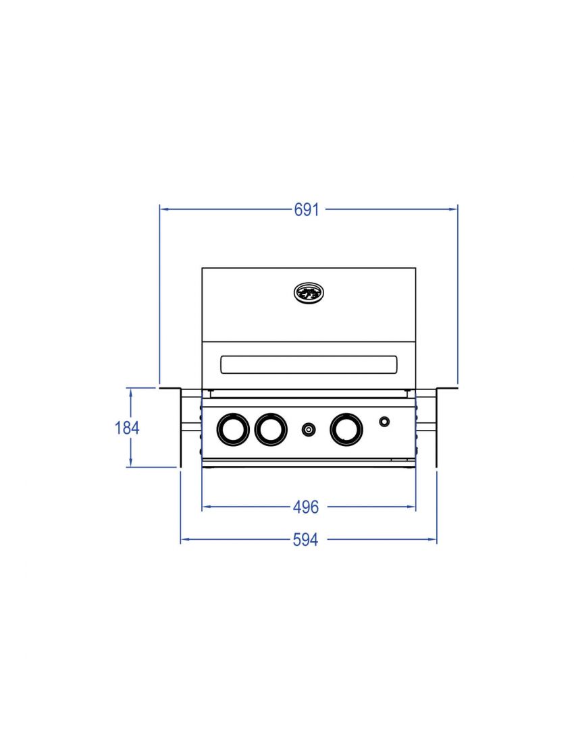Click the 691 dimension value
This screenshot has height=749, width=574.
pyautogui.click(x=306, y=210)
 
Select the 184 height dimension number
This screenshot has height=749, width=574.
pyautogui.click(x=127, y=427)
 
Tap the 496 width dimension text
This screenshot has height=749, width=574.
pyautogui.click(x=306, y=506)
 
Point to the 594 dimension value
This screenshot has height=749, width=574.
pyautogui.click(x=306, y=540)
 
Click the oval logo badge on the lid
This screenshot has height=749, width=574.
pyautogui.click(x=309, y=292)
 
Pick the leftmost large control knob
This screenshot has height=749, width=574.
pyautogui.click(x=232, y=429)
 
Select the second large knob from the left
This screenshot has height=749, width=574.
pyautogui.click(x=271, y=429)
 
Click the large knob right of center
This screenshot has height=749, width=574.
pyautogui.click(x=346, y=429)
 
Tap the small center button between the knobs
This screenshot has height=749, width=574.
pyautogui.click(x=309, y=429)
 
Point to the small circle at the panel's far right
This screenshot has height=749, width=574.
pyautogui.click(x=384, y=422)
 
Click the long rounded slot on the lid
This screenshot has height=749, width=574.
pyautogui.click(x=309, y=364)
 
